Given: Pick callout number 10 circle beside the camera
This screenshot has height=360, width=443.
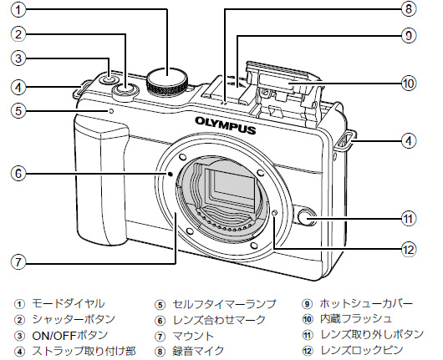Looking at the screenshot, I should click(x=407, y=84).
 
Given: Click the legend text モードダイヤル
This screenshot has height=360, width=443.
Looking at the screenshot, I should click(x=69, y=303).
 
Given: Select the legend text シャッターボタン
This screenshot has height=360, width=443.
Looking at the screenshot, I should click(x=75, y=318).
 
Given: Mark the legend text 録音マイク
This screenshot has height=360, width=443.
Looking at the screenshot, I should click(x=199, y=348).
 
